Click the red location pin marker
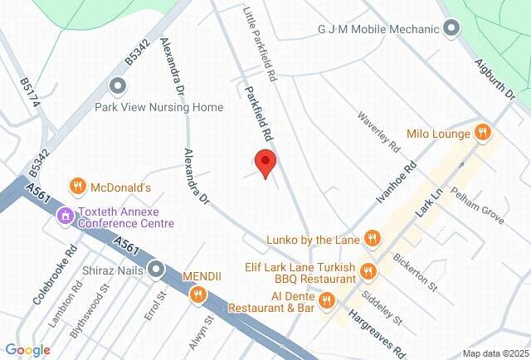[265, 163]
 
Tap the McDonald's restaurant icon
[77, 186]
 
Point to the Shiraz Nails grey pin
[157, 269]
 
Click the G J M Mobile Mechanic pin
[451, 30]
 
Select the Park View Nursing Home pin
[118, 85]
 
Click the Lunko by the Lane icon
[373, 241]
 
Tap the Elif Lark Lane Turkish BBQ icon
[369, 272]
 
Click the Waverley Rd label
[379, 132]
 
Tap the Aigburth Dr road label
[495, 79]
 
